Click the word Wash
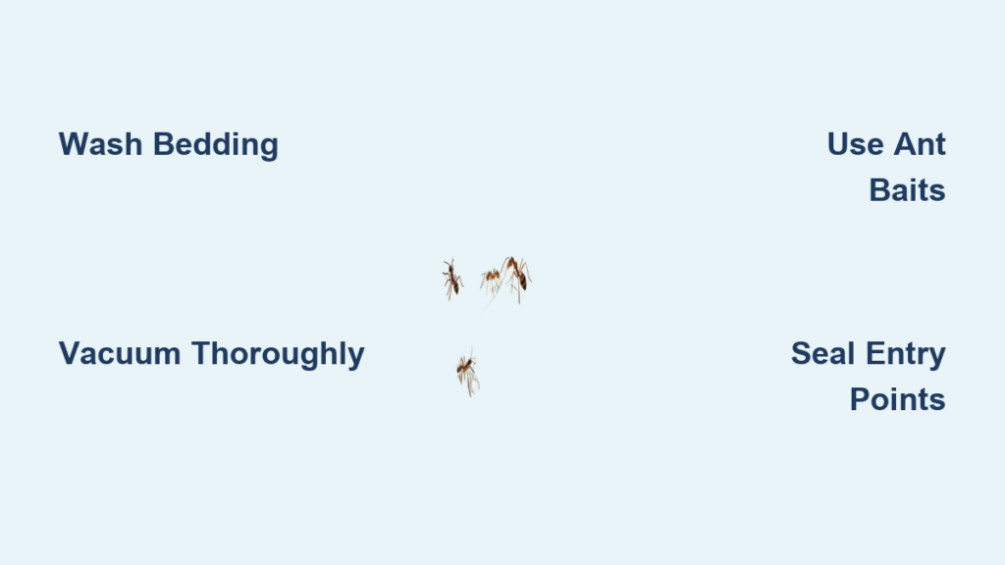tap(100, 144)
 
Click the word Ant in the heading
tap(920, 144)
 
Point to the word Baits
tap(908, 190)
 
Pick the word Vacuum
tap(120, 353)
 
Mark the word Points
tap(898, 400)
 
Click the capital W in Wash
tap(73, 144)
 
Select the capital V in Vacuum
tap(70, 353)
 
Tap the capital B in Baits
tap(880, 190)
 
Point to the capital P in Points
tap(861, 400)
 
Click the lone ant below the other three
tap(468, 372)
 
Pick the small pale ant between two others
tap(491, 281)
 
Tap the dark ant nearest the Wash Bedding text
tap(451, 280)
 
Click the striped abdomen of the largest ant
tap(522, 281)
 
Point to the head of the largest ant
tap(510, 261)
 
